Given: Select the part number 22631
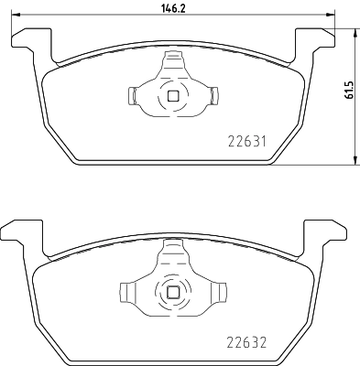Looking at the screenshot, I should tap(246, 142).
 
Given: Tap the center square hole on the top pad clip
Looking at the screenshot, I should tap(172, 94).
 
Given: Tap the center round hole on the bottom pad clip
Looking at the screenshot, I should tap(172, 293).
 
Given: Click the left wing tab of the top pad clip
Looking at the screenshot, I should tap(131, 95).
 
